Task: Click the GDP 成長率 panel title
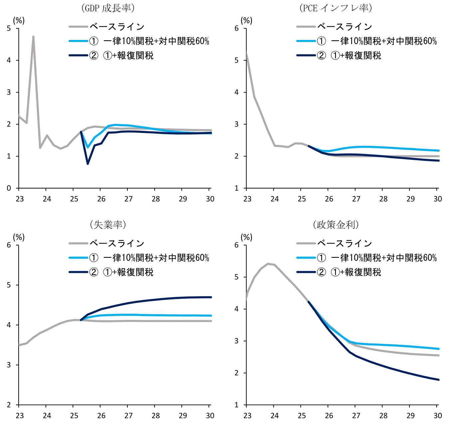[108, 8]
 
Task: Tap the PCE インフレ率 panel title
[336, 8]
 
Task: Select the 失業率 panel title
[108, 225]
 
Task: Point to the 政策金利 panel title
[336, 225]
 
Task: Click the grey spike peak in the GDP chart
[33, 37]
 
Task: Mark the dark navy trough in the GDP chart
[88, 164]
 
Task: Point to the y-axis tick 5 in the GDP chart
[9, 29]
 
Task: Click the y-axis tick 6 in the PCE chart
[236, 29]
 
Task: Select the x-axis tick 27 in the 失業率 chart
[128, 416]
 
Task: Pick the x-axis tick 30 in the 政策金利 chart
[438, 416]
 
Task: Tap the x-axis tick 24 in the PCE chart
[274, 199]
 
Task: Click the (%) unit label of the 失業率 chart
[19, 237]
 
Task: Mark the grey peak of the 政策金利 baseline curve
[268, 264]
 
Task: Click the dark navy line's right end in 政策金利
[439, 380]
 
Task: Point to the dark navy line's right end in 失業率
[211, 297]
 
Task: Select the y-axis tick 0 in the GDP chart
[9, 188]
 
